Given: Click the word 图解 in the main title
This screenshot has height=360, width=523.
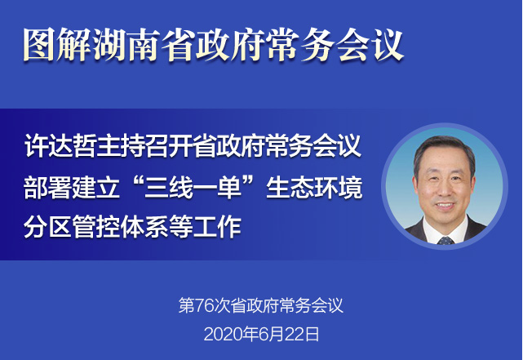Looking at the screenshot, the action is [56, 44].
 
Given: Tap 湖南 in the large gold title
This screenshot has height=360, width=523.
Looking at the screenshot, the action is [126, 44].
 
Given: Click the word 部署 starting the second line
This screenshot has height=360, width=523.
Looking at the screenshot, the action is [47, 187].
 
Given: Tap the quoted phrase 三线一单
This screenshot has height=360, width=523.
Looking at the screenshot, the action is [193, 187].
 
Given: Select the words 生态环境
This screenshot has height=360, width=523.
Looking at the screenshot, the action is [314, 187].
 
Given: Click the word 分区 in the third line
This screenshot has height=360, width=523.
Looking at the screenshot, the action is [47, 226].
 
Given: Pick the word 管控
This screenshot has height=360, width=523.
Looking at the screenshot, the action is [96, 226].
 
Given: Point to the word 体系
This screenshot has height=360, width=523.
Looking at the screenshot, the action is [144, 226].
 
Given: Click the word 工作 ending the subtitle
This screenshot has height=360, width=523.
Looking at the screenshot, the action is [217, 226].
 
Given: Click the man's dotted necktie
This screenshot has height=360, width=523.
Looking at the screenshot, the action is [445, 240].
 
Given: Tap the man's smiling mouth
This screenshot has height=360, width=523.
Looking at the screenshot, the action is [445, 205].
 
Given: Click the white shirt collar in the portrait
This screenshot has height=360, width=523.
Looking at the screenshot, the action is [445, 231].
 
